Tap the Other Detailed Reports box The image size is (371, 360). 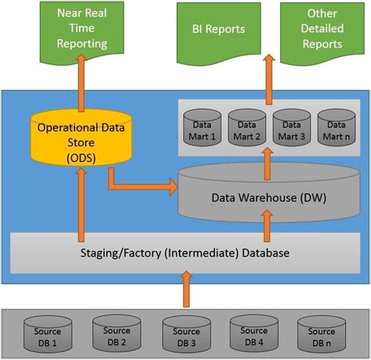(322, 30)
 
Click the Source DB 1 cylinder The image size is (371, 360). (45, 330)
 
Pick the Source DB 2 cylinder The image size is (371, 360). (115, 330)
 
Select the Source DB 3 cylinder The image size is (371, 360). (185, 330)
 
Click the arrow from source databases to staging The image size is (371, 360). (185, 288)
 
